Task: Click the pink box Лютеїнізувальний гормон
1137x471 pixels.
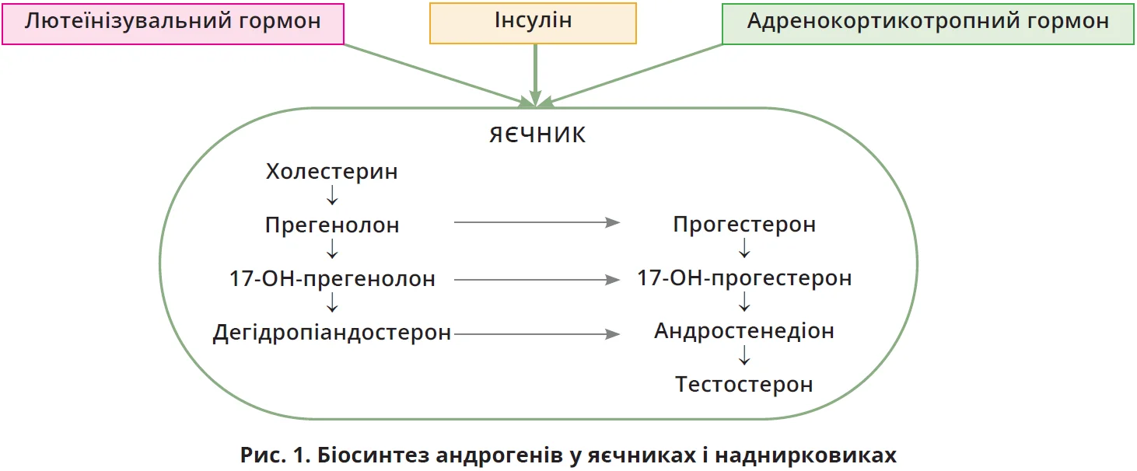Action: [173, 23]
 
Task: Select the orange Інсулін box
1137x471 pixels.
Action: [534, 23]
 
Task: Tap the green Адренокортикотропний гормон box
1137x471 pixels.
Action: [928, 23]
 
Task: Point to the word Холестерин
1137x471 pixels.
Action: [332, 171]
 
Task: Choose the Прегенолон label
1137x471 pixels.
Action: [332, 225]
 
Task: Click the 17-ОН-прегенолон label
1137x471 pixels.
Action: [332, 278]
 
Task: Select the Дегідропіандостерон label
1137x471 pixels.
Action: [332, 333]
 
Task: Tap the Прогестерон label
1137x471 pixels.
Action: [744, 225]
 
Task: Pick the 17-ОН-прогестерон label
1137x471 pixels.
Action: [744, 278]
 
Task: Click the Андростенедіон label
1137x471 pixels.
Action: [744, 331]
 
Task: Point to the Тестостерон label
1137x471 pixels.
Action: [744, 384]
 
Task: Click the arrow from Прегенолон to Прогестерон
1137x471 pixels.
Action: [536, 223]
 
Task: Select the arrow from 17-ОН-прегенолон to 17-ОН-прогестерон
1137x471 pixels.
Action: [536, 279]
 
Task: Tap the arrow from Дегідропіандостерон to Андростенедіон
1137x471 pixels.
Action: [536, 334]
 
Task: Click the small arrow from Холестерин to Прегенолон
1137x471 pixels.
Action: [332, 195]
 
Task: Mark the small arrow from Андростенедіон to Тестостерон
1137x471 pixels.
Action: [744, 355]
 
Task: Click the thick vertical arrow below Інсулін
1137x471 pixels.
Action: [535, 74]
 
